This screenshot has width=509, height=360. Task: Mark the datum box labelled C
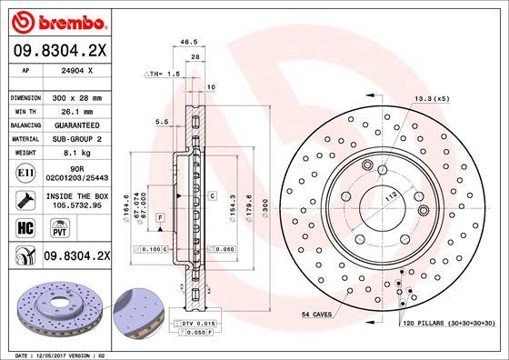click(x=212, y=195)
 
